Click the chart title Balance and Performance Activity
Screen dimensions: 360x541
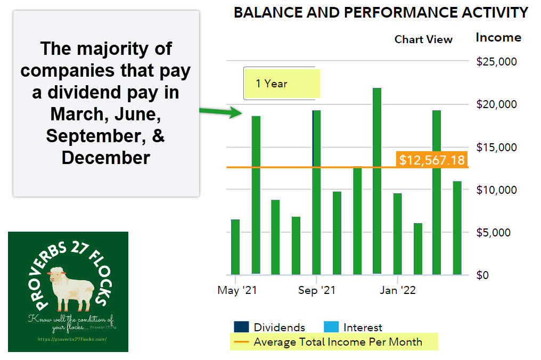coord(381,13)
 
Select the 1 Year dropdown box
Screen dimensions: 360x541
coord(281,83)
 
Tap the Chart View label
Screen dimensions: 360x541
coord(423,39)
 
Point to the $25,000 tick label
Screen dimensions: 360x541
coord(496,62)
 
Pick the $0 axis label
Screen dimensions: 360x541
coord(483,275)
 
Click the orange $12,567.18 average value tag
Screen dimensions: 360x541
coord(432,160)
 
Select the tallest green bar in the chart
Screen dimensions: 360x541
coord(377,181)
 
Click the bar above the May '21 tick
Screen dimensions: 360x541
coord(235,247)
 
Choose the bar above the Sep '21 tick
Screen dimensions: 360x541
coord(316,192)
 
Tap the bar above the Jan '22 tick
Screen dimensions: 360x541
coord(397,234)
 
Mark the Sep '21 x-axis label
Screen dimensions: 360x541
coord(317,290)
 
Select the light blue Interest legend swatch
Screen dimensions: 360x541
coord(331,328)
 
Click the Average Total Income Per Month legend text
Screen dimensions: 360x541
coord(338,342)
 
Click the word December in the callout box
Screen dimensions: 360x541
coord(106,158)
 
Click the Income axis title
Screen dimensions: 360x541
coord(498,37)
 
